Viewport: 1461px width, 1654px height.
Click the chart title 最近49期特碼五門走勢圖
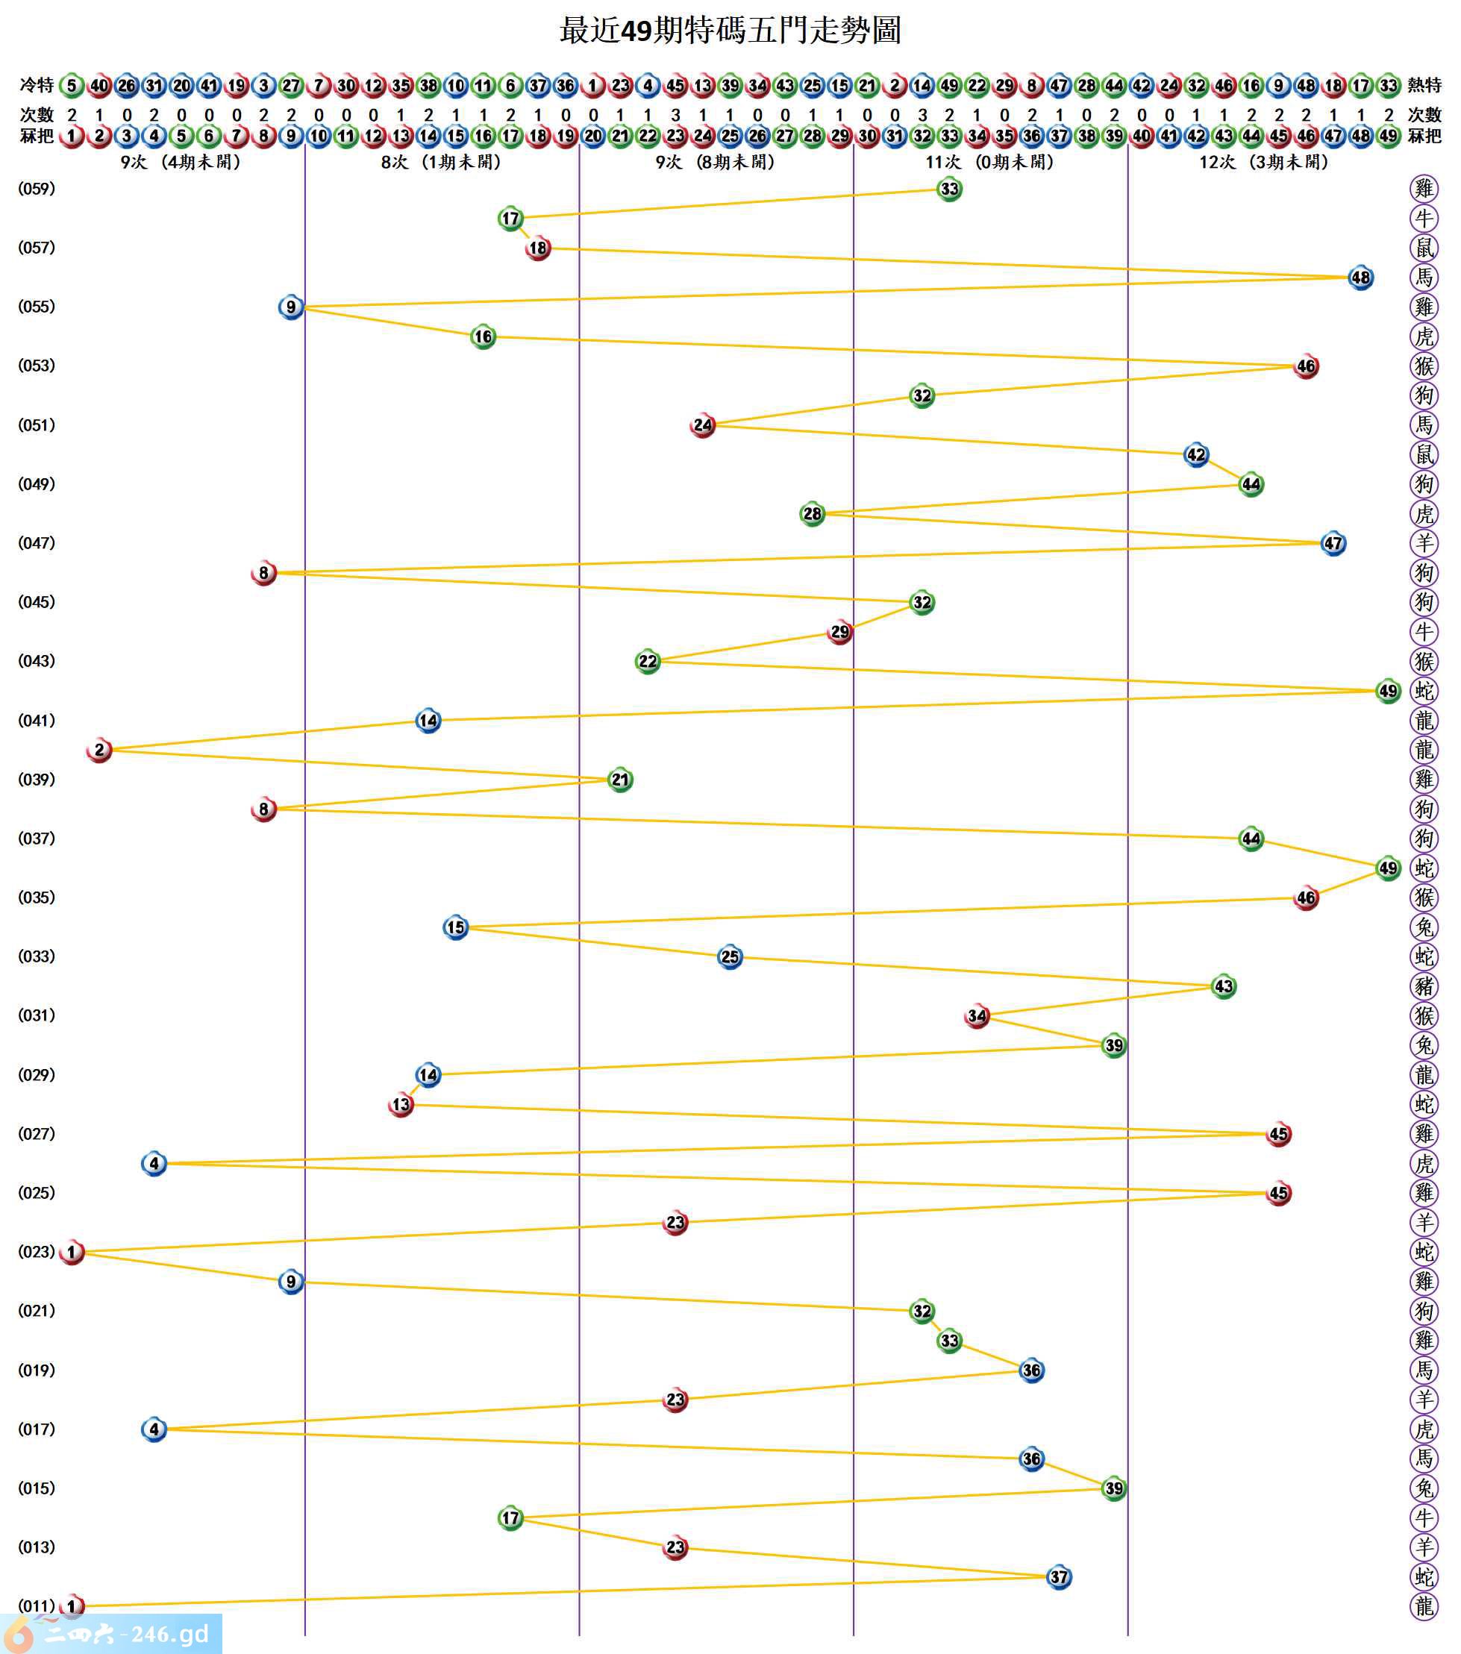pos(729,31)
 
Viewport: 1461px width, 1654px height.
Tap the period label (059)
pos(37,189)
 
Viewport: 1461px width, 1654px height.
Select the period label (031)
pos(37,1015)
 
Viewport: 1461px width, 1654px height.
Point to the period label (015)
pos(37,1488)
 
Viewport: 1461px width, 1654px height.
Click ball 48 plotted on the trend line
pos(1360,278)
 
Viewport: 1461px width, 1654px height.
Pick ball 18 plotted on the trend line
pos(537,248)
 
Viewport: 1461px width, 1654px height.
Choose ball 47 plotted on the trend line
pos(1333,543)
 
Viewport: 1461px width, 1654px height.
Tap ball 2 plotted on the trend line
pos(98,750)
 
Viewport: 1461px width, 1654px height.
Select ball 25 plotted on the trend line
pos(729,956)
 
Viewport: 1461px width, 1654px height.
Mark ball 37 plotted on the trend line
pos(1058,1576)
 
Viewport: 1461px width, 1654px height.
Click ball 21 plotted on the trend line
pos(619,780)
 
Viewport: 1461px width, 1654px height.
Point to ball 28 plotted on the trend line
pos(811,513)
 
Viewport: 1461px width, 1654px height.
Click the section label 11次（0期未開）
pos(989,162)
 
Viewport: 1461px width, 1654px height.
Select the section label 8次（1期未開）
pos(441,162)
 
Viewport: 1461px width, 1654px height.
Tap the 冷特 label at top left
pos(37,85)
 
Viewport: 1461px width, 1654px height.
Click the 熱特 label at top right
pos(1424,85)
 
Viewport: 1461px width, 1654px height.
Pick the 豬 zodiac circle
pos(1424,986)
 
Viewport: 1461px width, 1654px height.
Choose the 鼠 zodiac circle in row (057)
pos(1424,248)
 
